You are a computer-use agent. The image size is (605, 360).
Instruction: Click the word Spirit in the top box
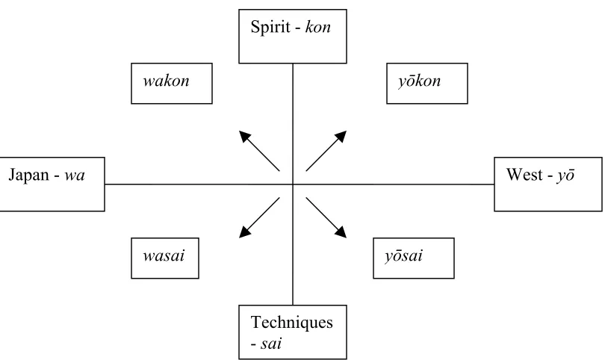pos(270,27)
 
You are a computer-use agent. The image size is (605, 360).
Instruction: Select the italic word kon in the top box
pos(318,27)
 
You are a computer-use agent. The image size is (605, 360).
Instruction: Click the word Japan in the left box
pos(29,176)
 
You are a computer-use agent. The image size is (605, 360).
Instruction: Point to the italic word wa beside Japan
pos(75,176)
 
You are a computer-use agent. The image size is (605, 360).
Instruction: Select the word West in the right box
pos(524,175)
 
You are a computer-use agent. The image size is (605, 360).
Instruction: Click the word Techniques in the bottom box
pos(292,323)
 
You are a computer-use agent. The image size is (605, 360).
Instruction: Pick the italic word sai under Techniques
pos(271,344)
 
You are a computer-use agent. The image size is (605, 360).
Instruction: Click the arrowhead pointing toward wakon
pos(245,136)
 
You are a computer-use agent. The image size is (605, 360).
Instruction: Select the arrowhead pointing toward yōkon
pos(341,136)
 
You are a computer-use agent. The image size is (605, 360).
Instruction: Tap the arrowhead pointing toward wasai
pos(245,232)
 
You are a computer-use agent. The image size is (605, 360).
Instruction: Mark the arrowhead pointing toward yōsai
pos(341,232)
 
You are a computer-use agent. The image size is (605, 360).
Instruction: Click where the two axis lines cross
pos(293,184)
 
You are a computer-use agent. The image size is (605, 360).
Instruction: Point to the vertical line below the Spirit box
pos(293,124)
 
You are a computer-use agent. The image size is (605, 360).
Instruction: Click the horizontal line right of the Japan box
pos(199,184)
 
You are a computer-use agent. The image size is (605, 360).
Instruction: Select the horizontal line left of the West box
pos(394,184)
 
